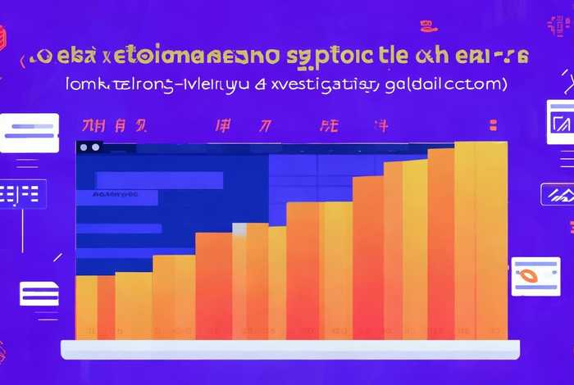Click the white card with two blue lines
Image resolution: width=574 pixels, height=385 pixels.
coord(30,133)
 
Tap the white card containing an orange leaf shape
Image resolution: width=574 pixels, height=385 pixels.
coord(535,276)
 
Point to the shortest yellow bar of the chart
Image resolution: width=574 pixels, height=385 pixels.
coord(86,307)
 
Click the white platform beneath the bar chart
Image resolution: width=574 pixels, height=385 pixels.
coord(291,349)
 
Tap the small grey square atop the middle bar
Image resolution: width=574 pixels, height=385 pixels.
coord(239,207)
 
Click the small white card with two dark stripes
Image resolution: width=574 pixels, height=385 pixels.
coord(39,293)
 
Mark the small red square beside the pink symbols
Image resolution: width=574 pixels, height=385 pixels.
coord(493,125)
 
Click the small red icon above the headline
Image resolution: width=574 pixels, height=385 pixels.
coord(428,27)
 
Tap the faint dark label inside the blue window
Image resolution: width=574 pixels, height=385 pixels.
coord(115,196)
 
